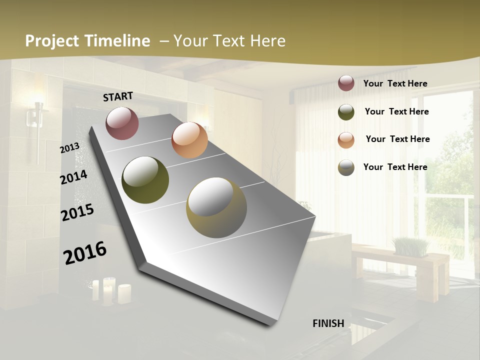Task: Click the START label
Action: (x=118, y=96)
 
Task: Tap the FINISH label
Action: (x=328, y=323)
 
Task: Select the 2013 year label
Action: (x=69, y=148)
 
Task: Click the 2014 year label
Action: (x=73, y=177)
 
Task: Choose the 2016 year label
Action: (x=85, y=252)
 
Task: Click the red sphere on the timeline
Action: (x=122, y=123)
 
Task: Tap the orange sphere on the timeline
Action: (x=189, y=140)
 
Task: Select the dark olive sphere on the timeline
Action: (x=145, y=180)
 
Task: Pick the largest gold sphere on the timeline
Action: (x=216, y=208)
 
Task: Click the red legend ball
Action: (x=346, y=83)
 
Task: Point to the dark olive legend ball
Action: (x=346, y=112)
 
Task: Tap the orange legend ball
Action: (x=346, y=140)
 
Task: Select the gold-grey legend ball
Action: (x=346, y=167)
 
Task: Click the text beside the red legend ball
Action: (x=395, y=84)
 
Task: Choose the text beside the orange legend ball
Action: (x=398, y=139)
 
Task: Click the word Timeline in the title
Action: (x=118, y=41)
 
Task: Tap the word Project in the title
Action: (x=52, y=41)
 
